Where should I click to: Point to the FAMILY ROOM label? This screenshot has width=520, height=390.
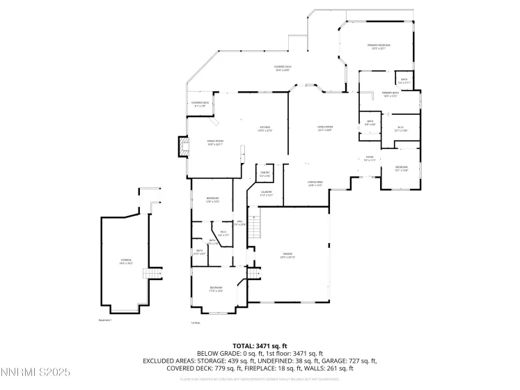(214, 142)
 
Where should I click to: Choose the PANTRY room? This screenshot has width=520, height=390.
(265, 173)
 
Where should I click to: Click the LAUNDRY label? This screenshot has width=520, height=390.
(267, 194)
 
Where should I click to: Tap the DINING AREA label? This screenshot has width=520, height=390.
(315, 184)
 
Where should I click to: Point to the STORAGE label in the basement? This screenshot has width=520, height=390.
(126, 261)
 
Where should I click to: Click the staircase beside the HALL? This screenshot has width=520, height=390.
(256, 227)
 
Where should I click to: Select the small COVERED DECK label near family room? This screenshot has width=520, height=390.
(200, 104)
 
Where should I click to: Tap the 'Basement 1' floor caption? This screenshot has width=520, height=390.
(105, 320)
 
